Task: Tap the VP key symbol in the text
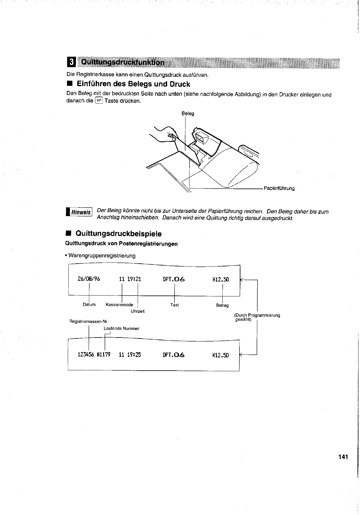click(99, 101)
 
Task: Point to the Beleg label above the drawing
click(188, 114)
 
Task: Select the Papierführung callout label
click(279, 189)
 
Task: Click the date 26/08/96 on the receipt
click(89, 279)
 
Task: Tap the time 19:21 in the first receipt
click(134, 279)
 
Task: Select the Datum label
click(89, 305)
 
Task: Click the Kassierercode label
click(119, 305)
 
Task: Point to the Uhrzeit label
click(137, 311)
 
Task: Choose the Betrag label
click(222, 305)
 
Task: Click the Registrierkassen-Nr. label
click(89, 321)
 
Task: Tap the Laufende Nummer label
click(121, 329)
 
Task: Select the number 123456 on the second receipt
click(86, 355)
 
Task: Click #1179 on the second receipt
click(104, 355)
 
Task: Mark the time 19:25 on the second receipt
click(134, 355)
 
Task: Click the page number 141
click(343, 457)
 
